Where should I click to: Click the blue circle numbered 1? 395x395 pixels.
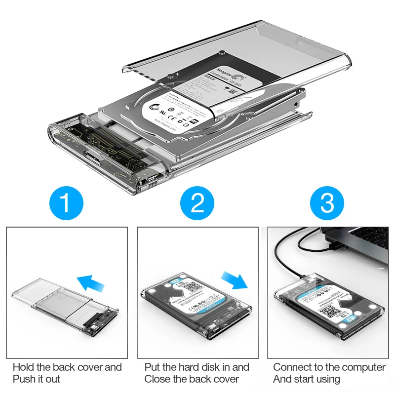point(67,203)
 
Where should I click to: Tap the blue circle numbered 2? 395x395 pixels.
point(197,203)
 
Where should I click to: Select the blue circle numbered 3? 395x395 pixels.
point(327,203)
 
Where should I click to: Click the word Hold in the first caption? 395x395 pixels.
point(24,367)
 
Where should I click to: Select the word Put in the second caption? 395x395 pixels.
point(153,367)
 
